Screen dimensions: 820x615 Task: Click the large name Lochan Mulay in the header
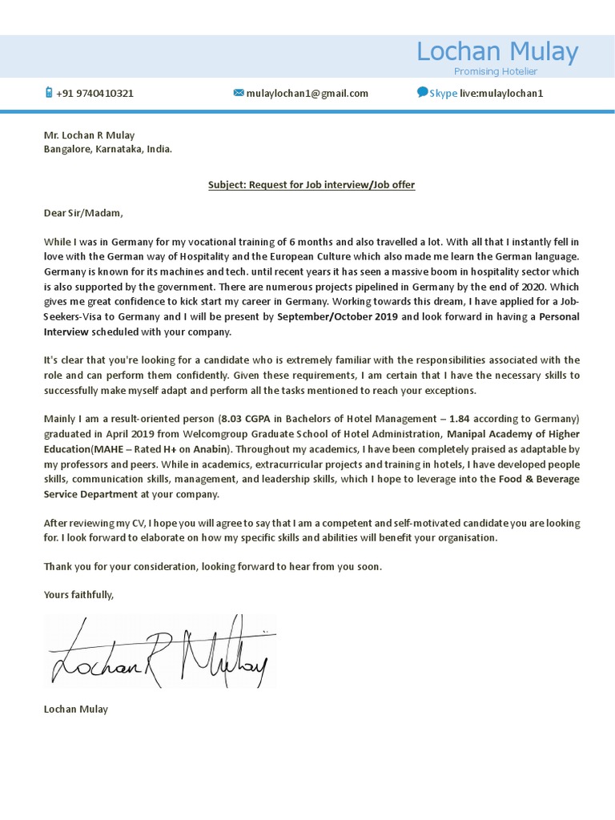(496, 52)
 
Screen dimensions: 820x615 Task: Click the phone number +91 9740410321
(94, 93)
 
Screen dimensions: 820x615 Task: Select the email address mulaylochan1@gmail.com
(307, 93)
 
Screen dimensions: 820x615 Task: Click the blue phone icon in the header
(48, 93)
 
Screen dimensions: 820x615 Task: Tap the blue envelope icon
(238, 93)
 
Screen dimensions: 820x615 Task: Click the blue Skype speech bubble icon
(422, 92)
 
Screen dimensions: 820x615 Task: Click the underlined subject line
(312, 185)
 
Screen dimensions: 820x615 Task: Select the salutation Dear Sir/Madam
(84, 213)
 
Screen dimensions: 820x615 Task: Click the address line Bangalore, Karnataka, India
(107, 149)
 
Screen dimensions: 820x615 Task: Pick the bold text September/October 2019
(337, 317)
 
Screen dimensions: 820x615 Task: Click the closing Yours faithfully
(78, 594)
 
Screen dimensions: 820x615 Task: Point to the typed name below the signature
(75, 709)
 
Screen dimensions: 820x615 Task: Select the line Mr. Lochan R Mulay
(89, 135)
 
